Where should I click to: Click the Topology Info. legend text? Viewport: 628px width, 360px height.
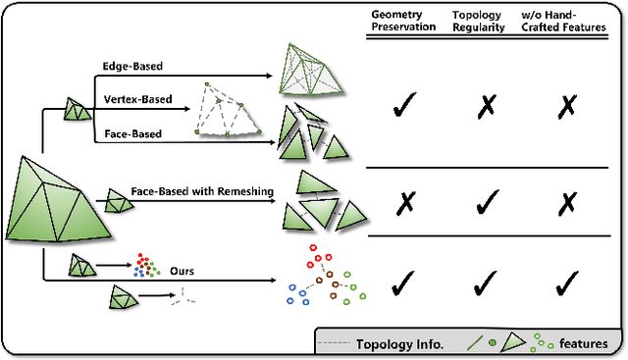point(399,343)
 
